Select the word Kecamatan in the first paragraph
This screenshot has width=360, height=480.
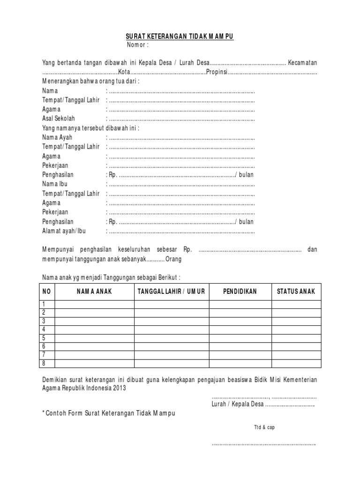tap(302, 63)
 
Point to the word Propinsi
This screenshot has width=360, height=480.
tap(216, 72)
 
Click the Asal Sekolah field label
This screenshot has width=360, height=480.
tap(58, 119)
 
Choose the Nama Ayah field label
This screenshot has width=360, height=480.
tap(57, 137)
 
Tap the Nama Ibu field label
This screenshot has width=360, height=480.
tap(55, 184)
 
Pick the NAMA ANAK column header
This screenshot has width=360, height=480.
tap(95, 291)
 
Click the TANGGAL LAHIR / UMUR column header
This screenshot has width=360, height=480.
tap(172, 291)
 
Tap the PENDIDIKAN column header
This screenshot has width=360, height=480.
tap(240, 291)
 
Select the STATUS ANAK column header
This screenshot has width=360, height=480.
tap(296, 291)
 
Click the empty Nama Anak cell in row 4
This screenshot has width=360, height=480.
tap(95, 330)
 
